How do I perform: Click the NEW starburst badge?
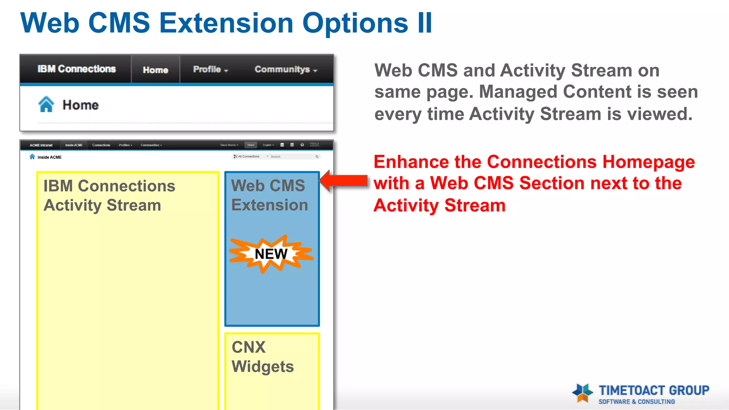coord(271,254)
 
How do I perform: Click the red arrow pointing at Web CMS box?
coord(343,180)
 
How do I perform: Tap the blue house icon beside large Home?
coord(46,105)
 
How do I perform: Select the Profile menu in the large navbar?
coord(210,69)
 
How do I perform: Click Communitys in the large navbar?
coord(285,69)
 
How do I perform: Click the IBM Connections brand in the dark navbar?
coord(77,69)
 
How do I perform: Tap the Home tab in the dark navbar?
coord(155,70)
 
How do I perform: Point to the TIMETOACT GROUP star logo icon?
coord(582,393)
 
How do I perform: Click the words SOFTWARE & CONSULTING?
coord(636,402)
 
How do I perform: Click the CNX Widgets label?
coord(262,357)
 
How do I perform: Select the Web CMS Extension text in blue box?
coord(269,195)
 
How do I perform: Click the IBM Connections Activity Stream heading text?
coord(109,195)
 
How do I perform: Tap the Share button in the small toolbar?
coord(251,145)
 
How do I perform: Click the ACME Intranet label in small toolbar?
coord(41,145)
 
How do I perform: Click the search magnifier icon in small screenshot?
coord(317,157)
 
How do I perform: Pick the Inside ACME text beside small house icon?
coord(49,157)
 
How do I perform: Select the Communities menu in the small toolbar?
coord(151,145)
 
